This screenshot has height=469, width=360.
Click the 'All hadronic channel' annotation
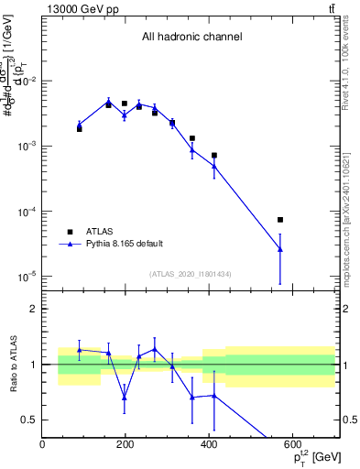click(191, 37)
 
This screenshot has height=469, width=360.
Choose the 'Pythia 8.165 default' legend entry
click(124, 244)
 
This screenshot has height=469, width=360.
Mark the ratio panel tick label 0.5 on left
click(29, 420)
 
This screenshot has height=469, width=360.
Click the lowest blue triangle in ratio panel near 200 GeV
click(125, 398)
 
